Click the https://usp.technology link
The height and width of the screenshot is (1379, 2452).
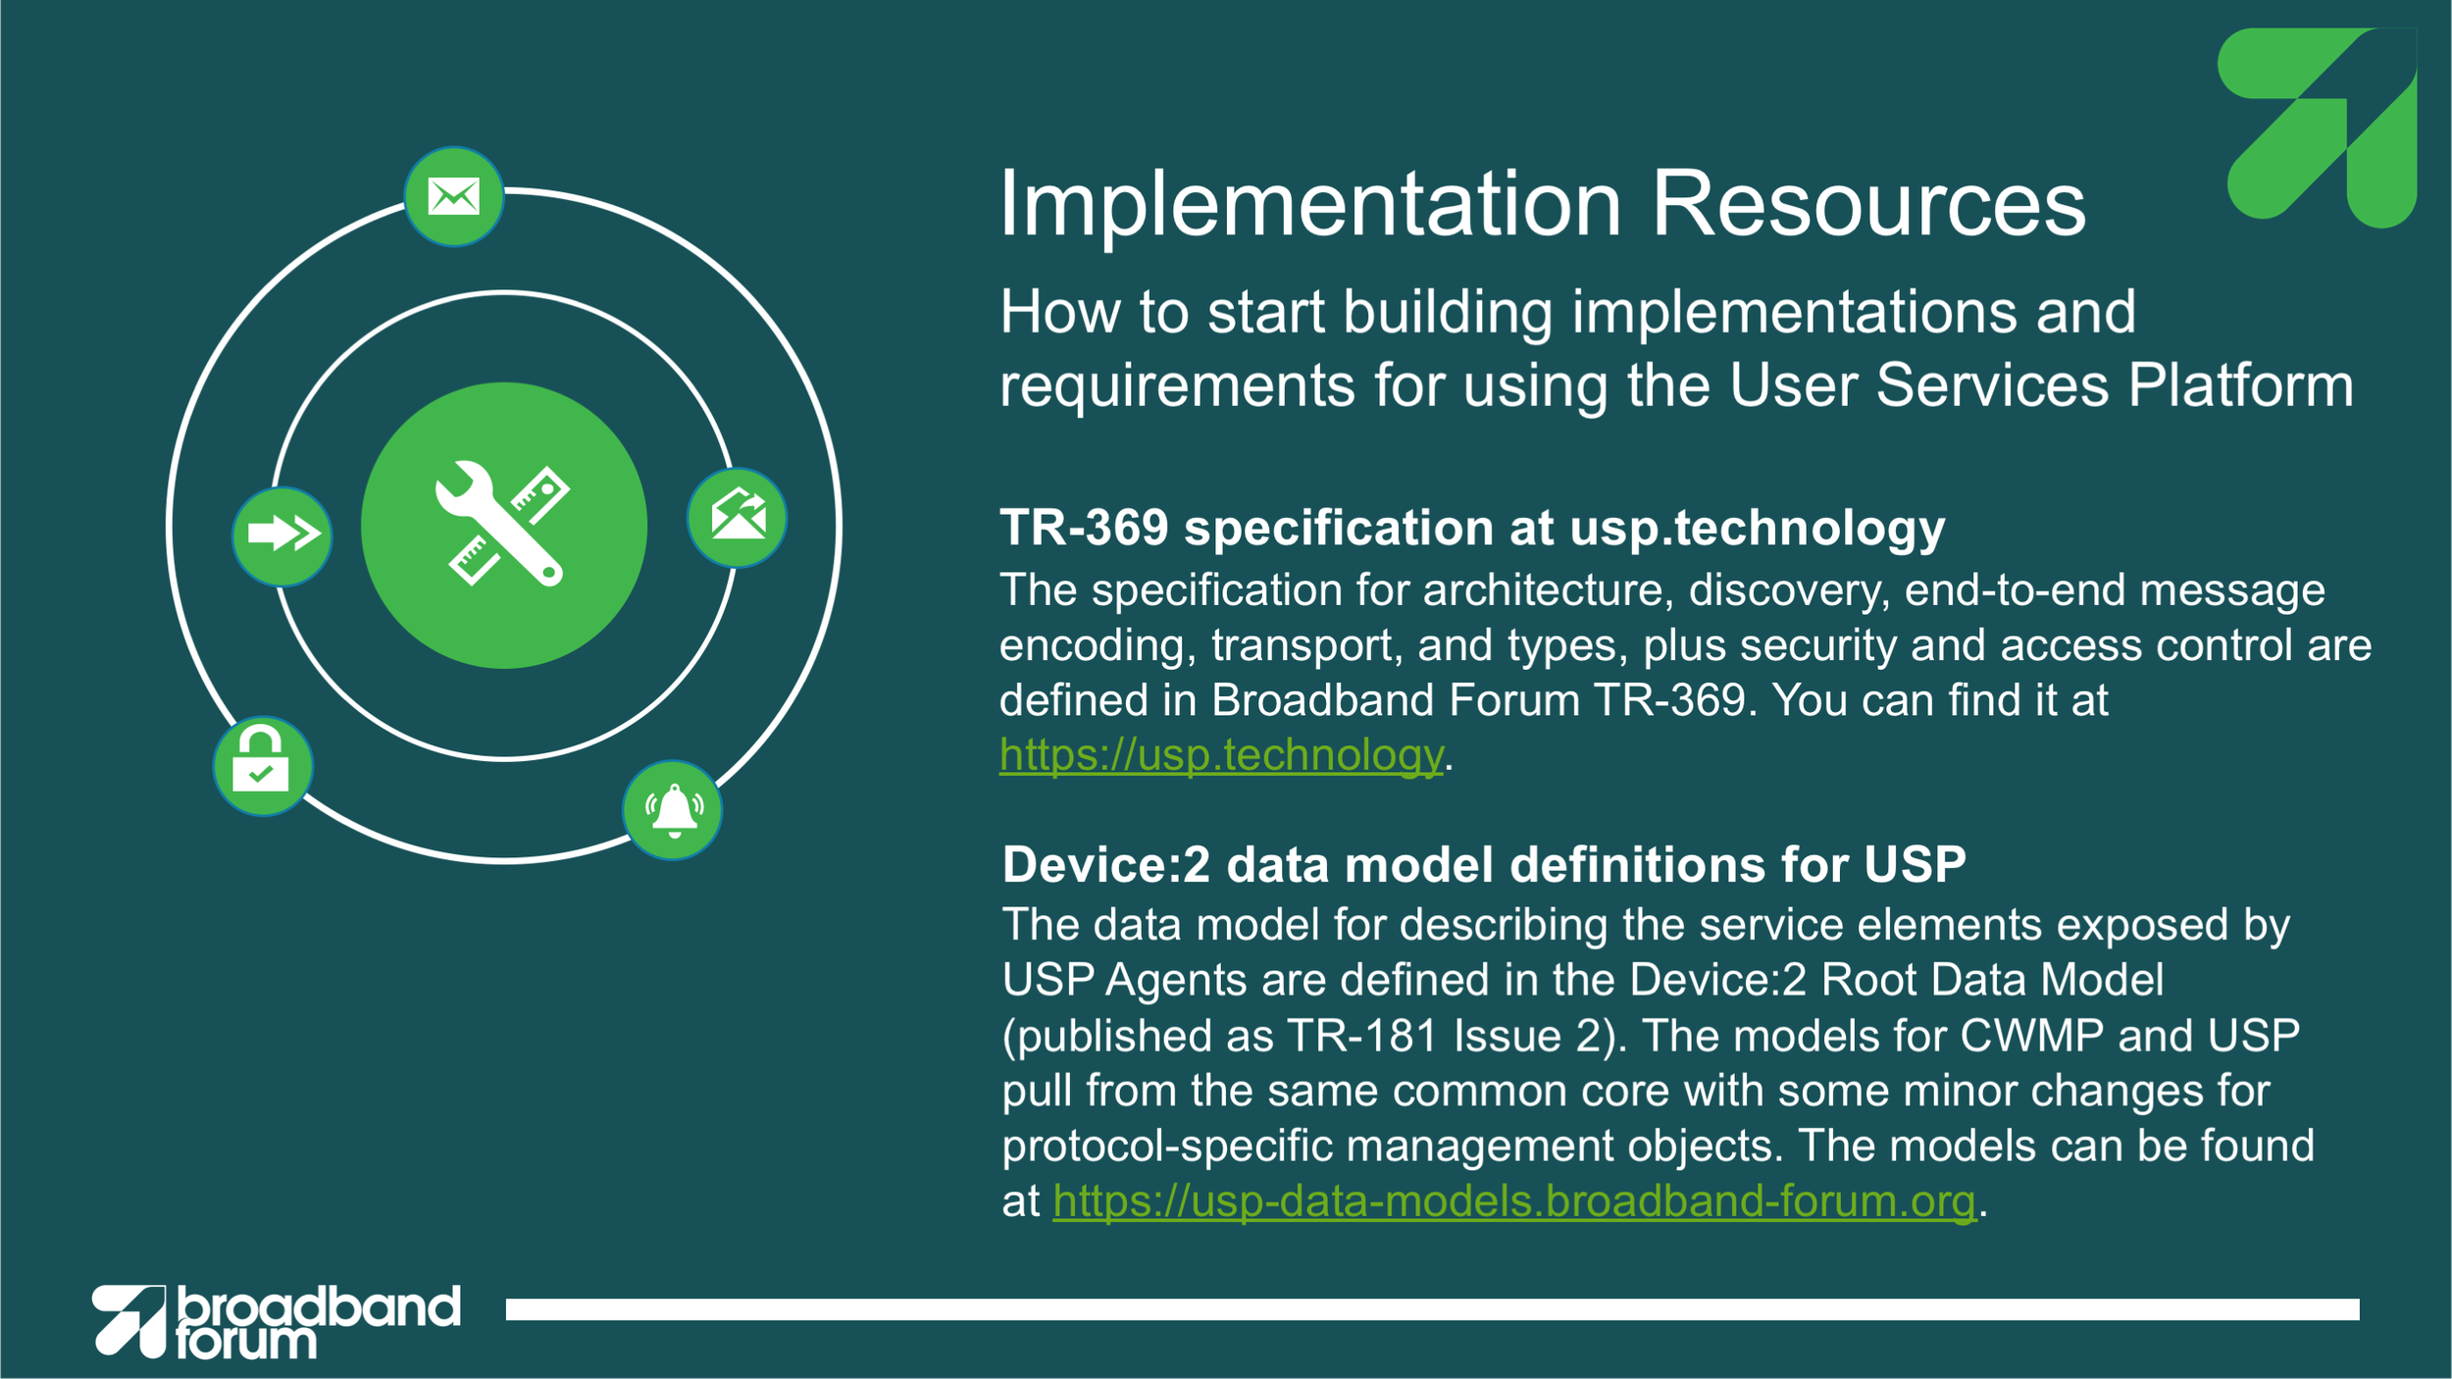coord(1221,755)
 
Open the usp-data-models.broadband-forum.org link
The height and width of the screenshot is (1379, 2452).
coord(1514,1201)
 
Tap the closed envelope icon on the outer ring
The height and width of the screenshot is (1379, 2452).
coord(454,197)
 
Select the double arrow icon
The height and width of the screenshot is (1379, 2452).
coord(282,536)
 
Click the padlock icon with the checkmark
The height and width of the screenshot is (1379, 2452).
coord(263,766)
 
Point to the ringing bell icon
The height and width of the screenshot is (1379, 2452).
coord(673,810)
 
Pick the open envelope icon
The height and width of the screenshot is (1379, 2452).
coord(738,518)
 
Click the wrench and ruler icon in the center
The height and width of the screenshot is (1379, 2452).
coord(504,526)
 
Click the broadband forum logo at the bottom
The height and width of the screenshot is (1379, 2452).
coord(277,1321)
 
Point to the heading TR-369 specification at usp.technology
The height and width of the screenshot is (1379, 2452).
coord(1472,529)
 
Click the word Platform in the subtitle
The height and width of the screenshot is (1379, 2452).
coord(2241,385)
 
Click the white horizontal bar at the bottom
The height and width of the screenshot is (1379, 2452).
coord(1433,1310)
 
